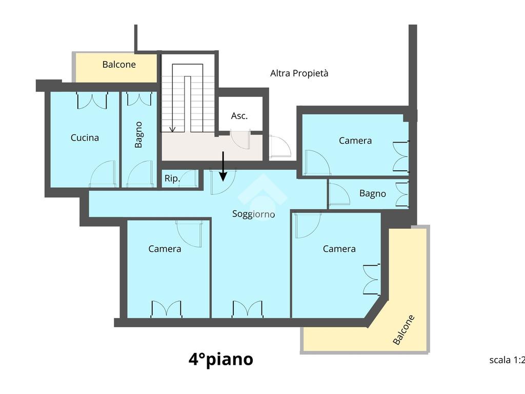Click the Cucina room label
click(85, 137)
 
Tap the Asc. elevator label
click(239, 116)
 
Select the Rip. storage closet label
click(172, 179)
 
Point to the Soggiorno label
click(253, 214)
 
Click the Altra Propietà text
click(299, 73)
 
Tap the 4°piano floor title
click(221, 359)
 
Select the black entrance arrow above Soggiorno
click(223, 166)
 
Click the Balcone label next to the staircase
click(119, 64)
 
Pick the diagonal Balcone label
click(404, 330)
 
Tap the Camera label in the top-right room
click(355, 141)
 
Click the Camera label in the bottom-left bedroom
click(165, 249)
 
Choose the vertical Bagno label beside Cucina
click(138, 135)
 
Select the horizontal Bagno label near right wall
click(373, 193)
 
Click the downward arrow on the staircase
click(173, 97)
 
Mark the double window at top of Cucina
click(92, 101)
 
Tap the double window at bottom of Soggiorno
click(248, 308)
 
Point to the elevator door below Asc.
click(240, 140)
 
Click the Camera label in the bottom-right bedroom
click(339, 249)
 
